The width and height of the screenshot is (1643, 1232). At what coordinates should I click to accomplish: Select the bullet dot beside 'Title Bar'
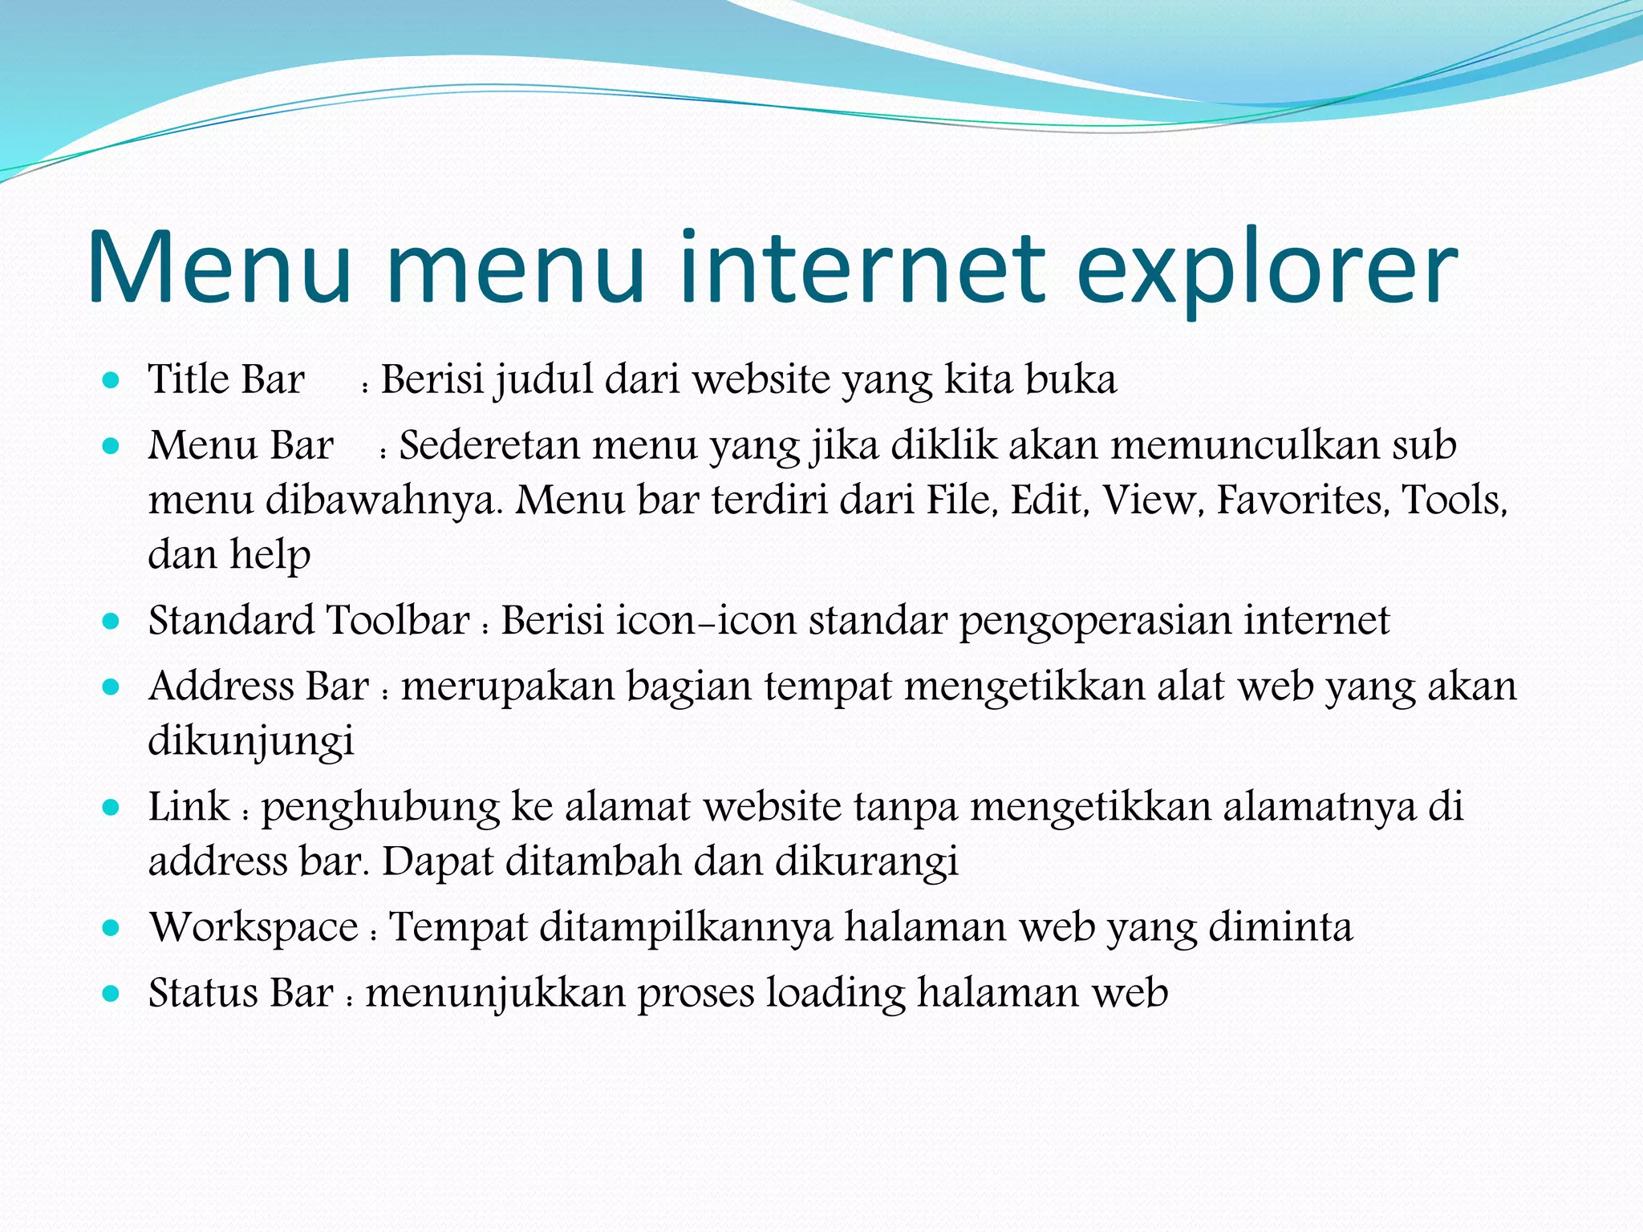click(112, 379)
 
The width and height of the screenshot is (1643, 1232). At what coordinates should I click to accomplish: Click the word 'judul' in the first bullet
click(543, 380)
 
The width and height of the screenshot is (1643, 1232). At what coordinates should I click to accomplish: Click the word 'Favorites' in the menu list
click(1302, 500)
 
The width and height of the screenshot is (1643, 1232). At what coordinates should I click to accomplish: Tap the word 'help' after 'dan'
click(270, 555)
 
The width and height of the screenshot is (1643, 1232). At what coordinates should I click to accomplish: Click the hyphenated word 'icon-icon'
click(706, 621)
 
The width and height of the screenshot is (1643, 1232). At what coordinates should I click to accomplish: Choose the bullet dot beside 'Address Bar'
click(112, 687)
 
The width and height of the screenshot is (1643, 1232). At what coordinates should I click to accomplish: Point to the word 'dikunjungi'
click(251, 741)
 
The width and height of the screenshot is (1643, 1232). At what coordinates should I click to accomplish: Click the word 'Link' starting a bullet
click(189, 807)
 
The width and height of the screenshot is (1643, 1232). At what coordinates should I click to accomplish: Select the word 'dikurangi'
click(866, 862)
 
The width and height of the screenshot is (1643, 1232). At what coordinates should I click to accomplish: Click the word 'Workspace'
click(254, 929)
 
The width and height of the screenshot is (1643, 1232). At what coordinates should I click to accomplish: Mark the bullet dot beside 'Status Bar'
click(112, 995)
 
